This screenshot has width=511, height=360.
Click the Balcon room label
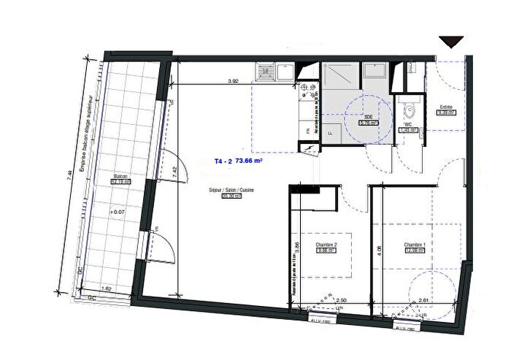(119, 177)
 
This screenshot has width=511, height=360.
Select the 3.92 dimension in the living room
(233, 81)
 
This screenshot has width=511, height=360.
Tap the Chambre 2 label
(325, 245)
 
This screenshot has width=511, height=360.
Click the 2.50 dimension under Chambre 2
(341, 299)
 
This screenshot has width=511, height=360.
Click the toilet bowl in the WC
(410, 112)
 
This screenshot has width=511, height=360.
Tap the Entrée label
(445, 107)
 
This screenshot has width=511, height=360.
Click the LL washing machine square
(333, 134)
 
